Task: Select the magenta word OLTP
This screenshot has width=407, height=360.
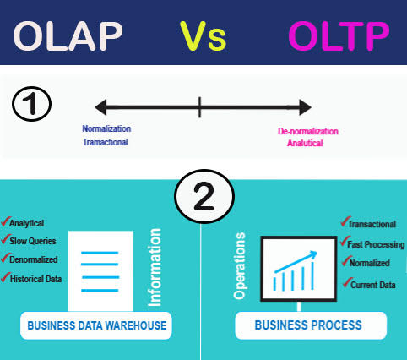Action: (x=338, y=36)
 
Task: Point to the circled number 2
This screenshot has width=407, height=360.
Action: (x=203, y=199)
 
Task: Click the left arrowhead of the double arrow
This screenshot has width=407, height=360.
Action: (x=100, y=106)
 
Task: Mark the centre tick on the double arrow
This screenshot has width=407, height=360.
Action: (x=200, y=106)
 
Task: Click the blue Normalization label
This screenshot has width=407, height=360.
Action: (x=106, y=128)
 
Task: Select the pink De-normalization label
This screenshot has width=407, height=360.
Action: (x=307, y=131)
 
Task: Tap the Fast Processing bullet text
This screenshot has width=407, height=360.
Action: (x=376, y=243)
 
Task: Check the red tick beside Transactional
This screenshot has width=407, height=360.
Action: (x=344, y=222)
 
